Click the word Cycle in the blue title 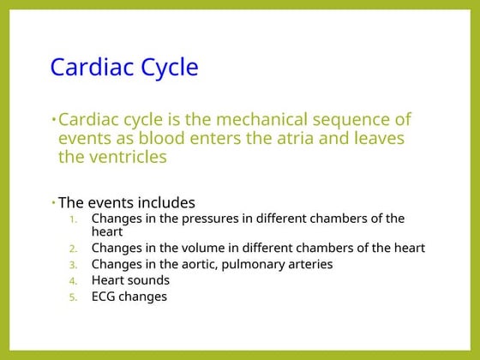(x=168, y=67)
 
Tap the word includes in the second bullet (x=166, y=203)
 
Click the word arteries (x=308, y=264)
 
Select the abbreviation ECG (x=105, y=297)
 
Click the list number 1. (x=73, y=219)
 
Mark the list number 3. (x=73, y=265)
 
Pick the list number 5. (x=73, y=297)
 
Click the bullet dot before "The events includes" (x=53, y=202)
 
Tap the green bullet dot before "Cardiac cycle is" (x=53, y=118)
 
